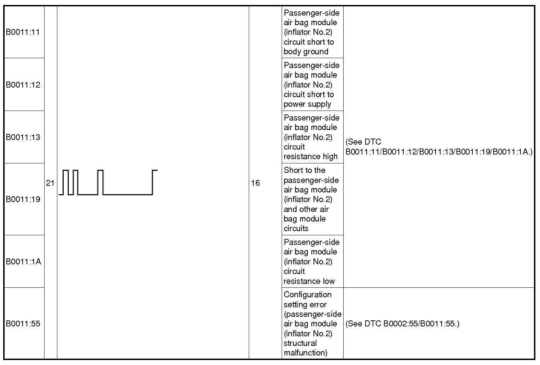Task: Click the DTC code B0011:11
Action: pyautogui.click(x=23, y=32)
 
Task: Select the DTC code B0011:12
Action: pyautogui.click(x=23, y=85)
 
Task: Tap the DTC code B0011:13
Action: pyautogui.click(x=23, y=137)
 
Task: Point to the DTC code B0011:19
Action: pyautogui.click(x=23, y=199)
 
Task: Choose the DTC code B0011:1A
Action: pyautogui.click(x=23, y=262)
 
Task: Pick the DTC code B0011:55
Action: pyautogui.click(x=23, y=324)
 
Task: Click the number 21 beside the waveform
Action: pyautogui.click(x=50, y=183)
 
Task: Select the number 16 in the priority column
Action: pyautogui.click(x=255, y=183)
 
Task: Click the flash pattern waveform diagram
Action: pyautogui.click(x=108, y=182)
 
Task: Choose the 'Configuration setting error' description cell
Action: pyautogui.click(x=312, y=324)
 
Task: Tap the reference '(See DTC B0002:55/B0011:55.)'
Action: pyautogui.click(x=402, y=324)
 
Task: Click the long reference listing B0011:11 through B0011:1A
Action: pyautogui.click(x=439, y=147)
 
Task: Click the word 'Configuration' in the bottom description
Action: pyautogui.click(x=308, y=294)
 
